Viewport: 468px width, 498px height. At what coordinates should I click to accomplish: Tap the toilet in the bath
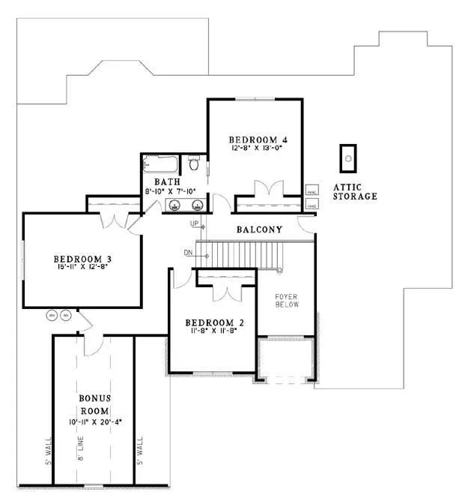pyautogui.click(x=194, y=163)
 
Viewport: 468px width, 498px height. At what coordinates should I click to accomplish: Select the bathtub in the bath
pyautogui.click(x=160, y=163)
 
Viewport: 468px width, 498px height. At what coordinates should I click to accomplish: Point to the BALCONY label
pyautogui.click(x=259, y=229)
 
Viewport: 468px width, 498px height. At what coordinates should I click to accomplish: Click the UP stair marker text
pyautogui.click(x=195, y=224)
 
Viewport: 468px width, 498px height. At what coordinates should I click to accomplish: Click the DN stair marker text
pyautogui.click(x=188, y=253)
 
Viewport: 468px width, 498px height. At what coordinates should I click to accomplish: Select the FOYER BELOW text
pyautogui.click(x=286, y=300)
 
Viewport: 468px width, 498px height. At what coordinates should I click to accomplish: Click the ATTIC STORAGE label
pyautogui.click(x=356, y=191)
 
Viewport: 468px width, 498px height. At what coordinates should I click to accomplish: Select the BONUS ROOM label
pyautogui.click(x=94, y=405)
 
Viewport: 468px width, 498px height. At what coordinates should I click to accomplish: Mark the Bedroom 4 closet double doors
pyautogui.click(x=267, y=188)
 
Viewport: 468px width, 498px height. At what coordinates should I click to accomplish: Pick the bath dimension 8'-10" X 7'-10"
pyautogui.click(x=170, y=192)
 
